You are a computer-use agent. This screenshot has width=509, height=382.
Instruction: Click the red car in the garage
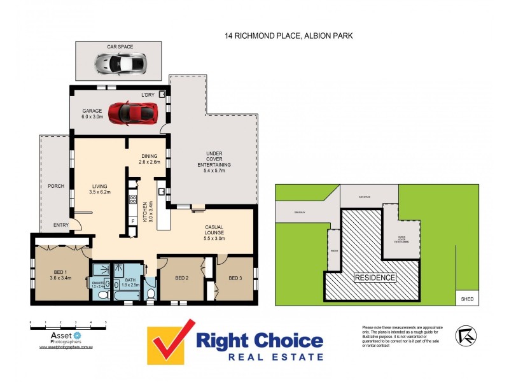(132, 113)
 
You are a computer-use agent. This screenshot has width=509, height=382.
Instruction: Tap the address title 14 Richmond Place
(288, 36)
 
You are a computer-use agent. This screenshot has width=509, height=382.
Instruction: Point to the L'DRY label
(148, 95)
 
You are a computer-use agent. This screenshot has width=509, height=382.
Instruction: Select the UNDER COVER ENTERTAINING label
(213, 159)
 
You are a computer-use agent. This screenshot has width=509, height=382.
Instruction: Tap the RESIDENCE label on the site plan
(375, 278)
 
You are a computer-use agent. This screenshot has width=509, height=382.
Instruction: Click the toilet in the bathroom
(150, 293)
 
